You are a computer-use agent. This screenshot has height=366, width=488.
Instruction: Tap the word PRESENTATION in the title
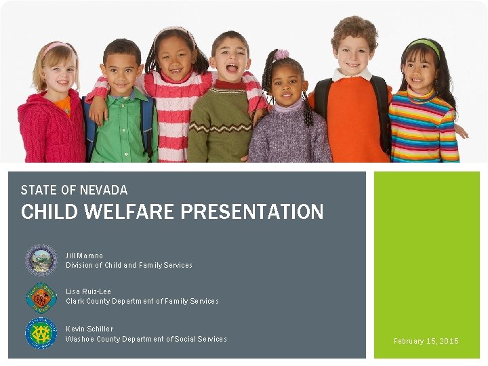[251, 212]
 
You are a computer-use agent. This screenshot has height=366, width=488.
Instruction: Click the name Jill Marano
[85, 256]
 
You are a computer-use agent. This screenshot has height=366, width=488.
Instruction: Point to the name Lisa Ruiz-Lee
[89, 291]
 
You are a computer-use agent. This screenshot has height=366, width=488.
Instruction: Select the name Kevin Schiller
[89, 329]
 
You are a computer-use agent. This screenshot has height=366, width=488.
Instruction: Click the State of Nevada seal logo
[41, 260]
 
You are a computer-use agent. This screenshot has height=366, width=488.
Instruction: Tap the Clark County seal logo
[41, 297]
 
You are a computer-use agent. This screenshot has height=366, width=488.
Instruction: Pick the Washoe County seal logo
[41, 333]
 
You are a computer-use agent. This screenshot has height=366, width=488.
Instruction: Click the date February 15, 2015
[426, 341]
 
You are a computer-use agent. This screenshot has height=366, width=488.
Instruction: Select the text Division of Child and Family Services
[129, 265]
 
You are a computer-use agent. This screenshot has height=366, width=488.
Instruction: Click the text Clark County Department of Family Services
[142, 301]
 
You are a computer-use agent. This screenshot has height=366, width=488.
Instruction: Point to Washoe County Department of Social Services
[146, 339]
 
